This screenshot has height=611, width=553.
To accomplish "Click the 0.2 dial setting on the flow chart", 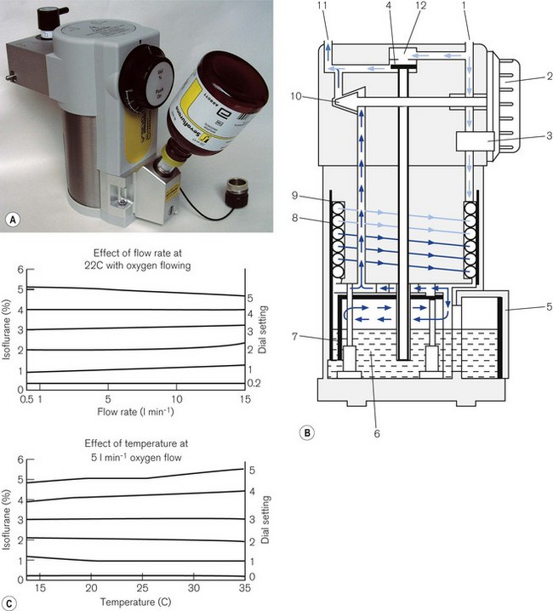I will pyautogui.click(x=253, y=384).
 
